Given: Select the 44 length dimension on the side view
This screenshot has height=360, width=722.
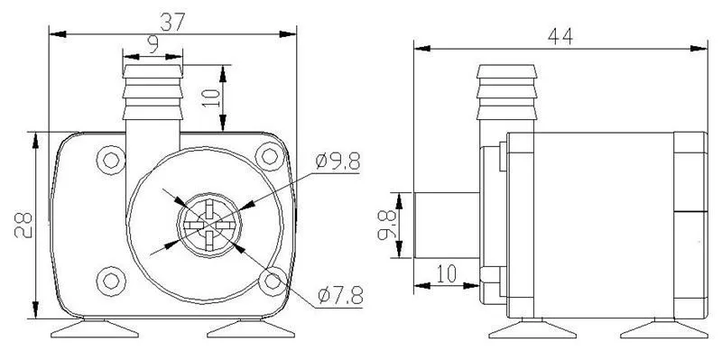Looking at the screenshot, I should [x=559, y=35].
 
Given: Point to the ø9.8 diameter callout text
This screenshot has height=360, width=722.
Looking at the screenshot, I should [x=338, y=162].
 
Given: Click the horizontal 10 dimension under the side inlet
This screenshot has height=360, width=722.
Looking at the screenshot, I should [x=446, y=272].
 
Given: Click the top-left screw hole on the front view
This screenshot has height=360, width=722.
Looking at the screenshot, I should [x=111, y=161].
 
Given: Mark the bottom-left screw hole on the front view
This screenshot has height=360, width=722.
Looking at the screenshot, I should [x=111, y=279].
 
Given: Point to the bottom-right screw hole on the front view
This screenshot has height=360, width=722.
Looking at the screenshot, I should [x=268, y=281].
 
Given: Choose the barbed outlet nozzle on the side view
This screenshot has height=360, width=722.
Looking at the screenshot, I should [x=511, y=95].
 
